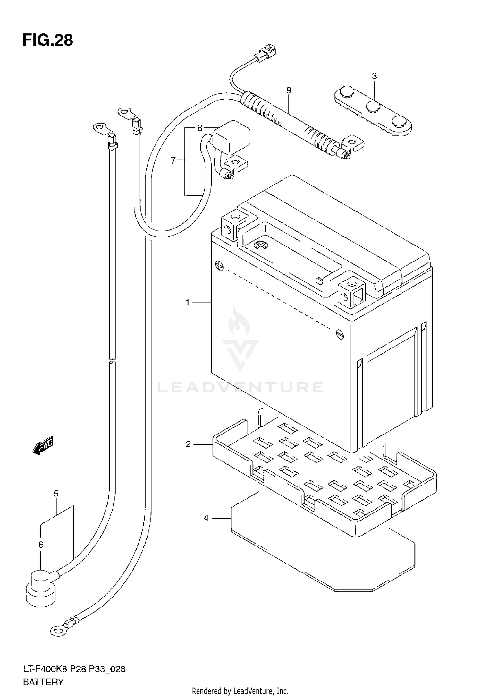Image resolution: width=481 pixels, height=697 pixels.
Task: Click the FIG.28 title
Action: point(48,41)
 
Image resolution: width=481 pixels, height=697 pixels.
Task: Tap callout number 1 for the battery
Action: point(188,302)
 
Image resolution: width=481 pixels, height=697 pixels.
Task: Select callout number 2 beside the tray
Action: point(188,444)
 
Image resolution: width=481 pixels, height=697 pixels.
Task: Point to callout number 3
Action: point(374,76)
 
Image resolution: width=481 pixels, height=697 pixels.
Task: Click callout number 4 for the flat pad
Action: point(206,518)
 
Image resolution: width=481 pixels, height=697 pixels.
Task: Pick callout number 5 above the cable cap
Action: point(56,493)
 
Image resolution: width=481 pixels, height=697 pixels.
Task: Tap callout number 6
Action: point(41,544)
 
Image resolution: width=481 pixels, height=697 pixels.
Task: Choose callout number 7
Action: point(173,160)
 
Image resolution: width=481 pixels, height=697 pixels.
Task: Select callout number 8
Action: point(199,128)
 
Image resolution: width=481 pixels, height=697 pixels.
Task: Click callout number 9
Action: point(289,90)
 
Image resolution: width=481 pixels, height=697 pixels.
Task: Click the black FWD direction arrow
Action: point(43,446)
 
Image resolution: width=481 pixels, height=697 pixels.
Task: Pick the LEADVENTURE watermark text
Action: point(240,387)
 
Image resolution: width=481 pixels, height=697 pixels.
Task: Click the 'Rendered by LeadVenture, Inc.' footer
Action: point(240,691)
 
